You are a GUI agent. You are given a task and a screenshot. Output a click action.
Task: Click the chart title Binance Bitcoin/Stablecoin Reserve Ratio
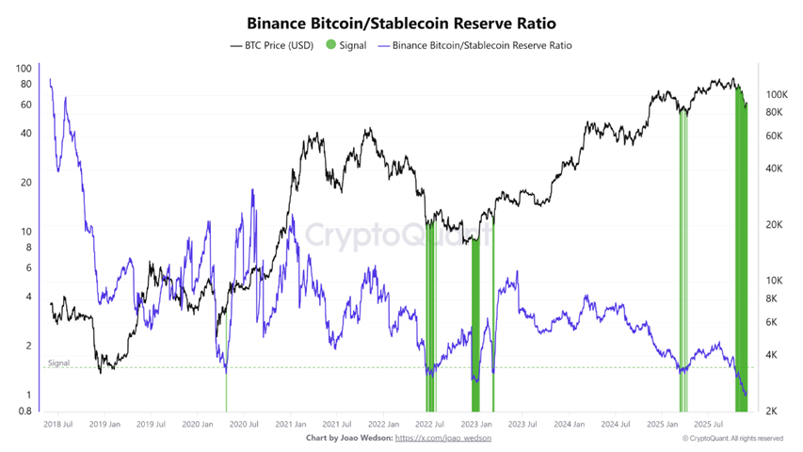coord(400,21)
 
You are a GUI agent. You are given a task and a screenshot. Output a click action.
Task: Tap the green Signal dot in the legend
coord(330,45)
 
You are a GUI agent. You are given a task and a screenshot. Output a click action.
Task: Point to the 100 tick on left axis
coord(24,69)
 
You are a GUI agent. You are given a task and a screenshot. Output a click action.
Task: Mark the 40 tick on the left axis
coord(26,133)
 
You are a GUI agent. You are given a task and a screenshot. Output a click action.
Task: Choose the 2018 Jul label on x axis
coord(58,425)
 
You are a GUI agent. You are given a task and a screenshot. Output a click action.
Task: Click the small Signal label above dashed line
coord(58,363)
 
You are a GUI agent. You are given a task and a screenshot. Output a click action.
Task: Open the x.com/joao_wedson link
coord(442,438)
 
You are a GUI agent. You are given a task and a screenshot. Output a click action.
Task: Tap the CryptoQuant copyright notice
coord(732,438)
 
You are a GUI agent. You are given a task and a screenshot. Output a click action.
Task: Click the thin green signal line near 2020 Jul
coord(226,391)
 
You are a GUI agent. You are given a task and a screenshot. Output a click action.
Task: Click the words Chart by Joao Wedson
coord(348,438)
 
